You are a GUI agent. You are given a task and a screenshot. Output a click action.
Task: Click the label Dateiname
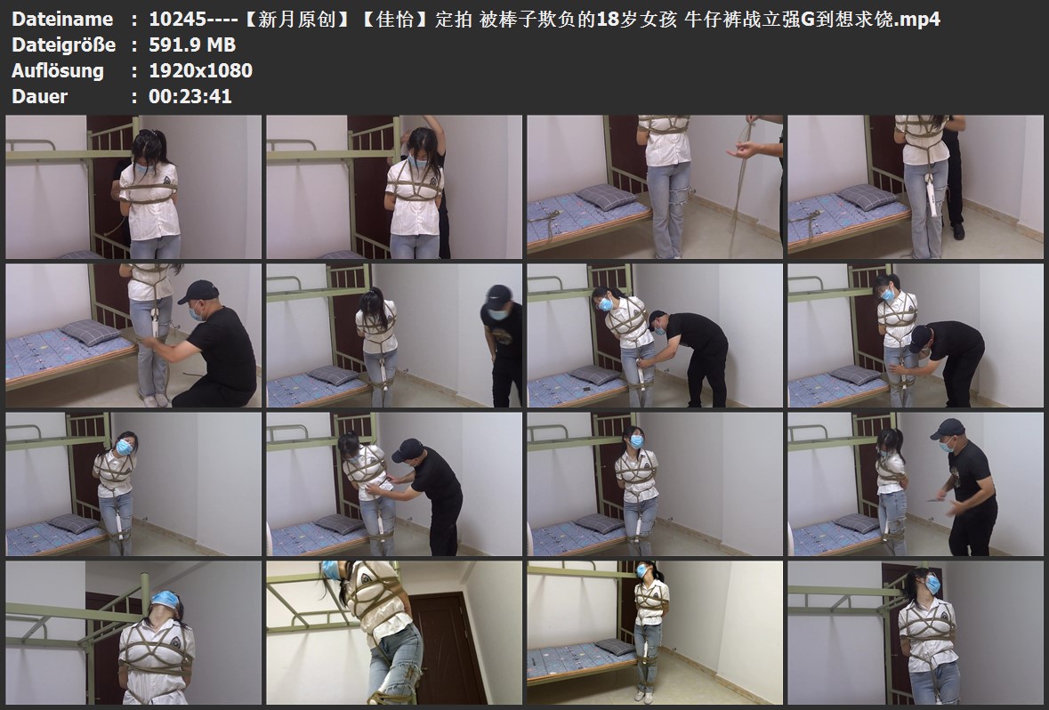pos(62,19)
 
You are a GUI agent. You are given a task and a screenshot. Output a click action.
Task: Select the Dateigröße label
pos(63,44)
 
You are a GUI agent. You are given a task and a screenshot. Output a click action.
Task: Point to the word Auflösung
pos(58,70)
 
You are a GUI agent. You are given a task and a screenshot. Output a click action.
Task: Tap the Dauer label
pos(39,96)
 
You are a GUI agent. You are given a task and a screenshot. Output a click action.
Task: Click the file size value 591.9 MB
pos(192,44)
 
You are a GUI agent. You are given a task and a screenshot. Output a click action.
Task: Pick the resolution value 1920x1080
pos(200,70)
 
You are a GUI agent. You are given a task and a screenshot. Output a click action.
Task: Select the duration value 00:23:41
pos(190,96)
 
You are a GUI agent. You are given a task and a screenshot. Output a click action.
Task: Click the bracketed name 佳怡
pos(396,19)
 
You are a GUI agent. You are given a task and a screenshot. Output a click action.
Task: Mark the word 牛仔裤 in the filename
pos(713,19)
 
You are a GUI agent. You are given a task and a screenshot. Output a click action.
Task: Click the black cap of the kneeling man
pos(198,291)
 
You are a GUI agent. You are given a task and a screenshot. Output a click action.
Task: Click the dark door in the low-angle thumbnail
pos(447,646)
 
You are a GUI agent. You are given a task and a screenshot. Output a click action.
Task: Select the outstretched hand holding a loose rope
pos(744,149)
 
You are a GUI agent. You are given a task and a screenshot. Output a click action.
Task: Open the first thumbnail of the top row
pos(133,187)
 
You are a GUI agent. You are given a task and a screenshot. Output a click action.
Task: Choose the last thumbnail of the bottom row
pos(916,633)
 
